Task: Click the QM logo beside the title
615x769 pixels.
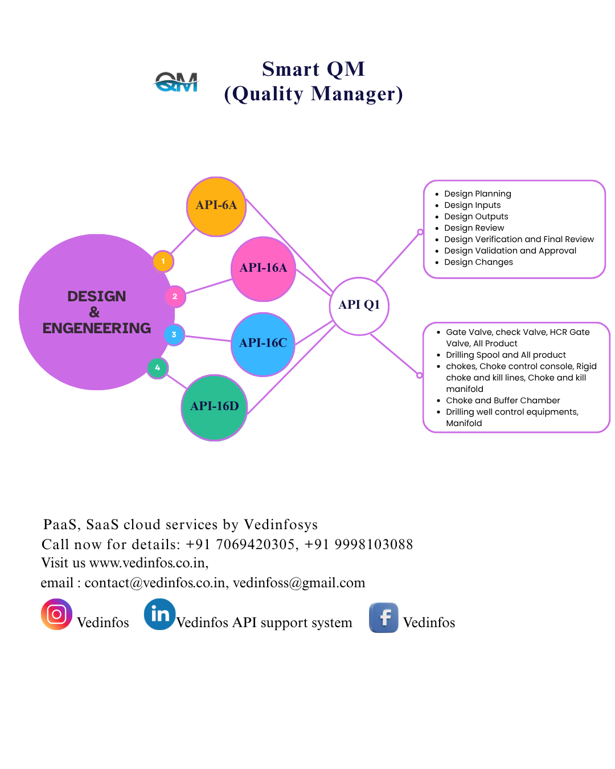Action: [177, 83]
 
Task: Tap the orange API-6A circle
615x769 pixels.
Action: [216, 206]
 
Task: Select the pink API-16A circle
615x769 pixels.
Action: [263, 269]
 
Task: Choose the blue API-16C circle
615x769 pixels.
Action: [263, 344]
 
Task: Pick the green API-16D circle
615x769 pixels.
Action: [214, 407]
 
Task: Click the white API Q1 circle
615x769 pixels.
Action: [359, 306]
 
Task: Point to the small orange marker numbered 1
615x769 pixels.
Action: [163, 261]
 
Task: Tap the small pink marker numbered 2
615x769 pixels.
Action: [175, 296]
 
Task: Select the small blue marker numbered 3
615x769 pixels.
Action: [174, 334]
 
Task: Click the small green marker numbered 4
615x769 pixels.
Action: [158, 368]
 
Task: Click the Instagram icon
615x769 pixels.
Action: [56, 615]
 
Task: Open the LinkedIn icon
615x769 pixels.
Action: [160, 614]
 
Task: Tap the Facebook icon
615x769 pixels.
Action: [384, 617]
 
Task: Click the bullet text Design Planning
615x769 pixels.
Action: [477, 194]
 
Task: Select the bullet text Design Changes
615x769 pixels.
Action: [478, 262]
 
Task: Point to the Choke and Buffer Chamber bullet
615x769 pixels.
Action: [503, 400]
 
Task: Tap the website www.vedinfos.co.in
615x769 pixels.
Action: [147, 563]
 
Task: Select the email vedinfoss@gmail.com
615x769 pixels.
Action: [299, 583]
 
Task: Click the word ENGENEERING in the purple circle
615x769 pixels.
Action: [97, 329]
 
